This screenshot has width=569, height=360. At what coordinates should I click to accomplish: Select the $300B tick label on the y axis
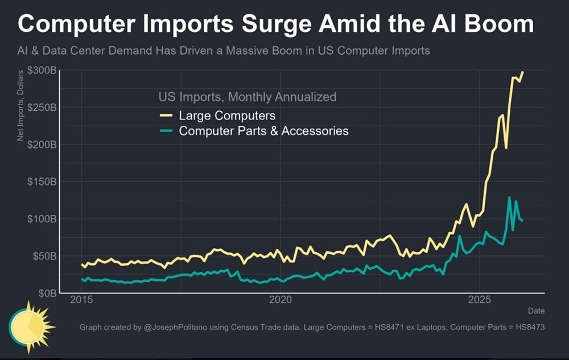[41, 71]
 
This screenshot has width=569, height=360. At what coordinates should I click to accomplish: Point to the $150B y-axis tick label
[41, 182]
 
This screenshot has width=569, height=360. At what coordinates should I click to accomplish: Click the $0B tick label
[46, 293]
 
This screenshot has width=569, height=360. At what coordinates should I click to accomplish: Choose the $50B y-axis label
[43, 256]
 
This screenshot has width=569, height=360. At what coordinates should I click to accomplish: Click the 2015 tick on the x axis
[82, 300]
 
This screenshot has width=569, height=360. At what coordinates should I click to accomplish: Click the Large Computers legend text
[227, 115]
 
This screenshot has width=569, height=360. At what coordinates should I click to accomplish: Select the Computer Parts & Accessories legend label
[263, 131]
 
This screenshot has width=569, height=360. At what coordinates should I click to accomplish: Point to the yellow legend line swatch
[166, 115]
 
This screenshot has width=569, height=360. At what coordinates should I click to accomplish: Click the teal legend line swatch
[166, 131]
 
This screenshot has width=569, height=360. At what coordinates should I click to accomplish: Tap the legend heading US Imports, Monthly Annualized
[247, 97]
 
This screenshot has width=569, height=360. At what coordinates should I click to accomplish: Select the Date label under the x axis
[535, 311]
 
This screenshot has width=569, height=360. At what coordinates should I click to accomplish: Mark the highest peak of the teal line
[509, 197]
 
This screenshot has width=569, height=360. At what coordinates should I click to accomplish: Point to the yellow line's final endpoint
[523, 72]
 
